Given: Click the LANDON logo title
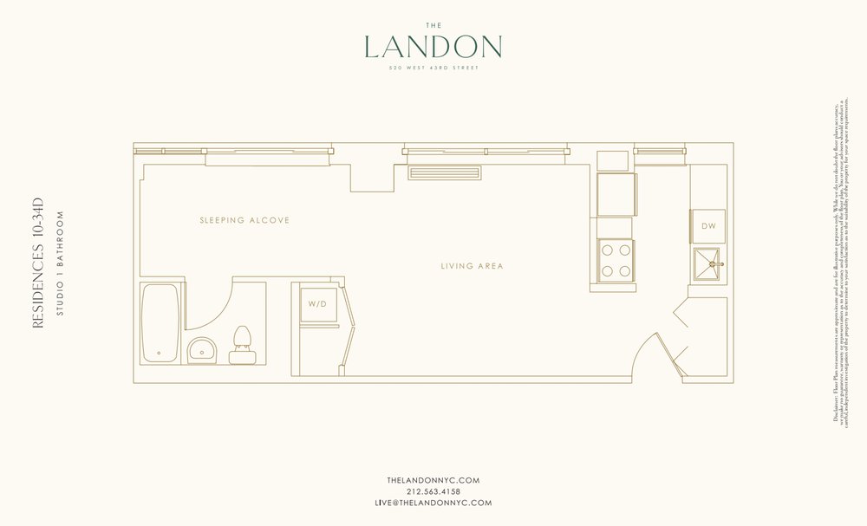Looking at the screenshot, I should pos(433,47).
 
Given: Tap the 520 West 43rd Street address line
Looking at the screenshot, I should pos(433,68).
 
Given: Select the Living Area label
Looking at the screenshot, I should pos(472,266).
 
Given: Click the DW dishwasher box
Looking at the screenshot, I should pos(708,226).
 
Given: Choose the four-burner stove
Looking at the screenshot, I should pos(616,259).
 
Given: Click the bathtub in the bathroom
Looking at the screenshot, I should pos(160,322).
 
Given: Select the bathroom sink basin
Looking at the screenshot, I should pos(202,350).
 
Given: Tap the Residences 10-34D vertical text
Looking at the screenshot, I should pos(37,269).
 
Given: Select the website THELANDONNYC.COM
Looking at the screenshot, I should pos(433,479).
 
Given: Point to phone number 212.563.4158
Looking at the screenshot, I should pos(433,490).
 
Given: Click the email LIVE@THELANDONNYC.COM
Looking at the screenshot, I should pos(433,503).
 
